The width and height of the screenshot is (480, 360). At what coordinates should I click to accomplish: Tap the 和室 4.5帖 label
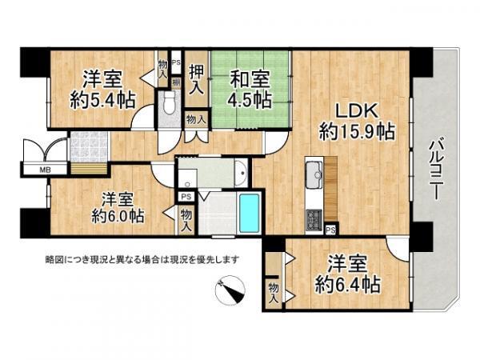(250, 89)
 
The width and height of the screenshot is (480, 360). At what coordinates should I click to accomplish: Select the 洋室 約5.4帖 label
(103, 89)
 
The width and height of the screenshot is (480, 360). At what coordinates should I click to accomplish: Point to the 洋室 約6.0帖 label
(118, 208)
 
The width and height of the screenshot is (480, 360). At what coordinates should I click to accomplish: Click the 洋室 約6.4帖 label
(348, 274)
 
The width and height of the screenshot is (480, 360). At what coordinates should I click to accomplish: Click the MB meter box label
(45, 170)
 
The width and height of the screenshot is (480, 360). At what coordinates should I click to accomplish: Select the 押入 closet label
(196, 79)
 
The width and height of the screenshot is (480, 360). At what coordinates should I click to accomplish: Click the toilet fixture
(169, 102)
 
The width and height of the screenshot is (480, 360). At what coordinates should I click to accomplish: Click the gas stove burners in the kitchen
(314, 220)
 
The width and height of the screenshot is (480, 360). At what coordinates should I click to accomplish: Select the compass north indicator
(230, 290)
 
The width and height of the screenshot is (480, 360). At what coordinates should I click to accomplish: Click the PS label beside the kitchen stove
(330, 230)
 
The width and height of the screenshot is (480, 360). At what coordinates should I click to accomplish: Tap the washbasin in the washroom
(242, 174)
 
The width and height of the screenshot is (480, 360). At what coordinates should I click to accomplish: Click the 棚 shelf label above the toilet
(176, 82)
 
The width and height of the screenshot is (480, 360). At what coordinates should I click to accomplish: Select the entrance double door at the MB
(46, 150)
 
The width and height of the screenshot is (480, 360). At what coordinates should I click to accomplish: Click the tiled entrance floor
(89, 147)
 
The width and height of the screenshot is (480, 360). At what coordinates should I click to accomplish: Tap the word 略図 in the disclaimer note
(53, 260)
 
